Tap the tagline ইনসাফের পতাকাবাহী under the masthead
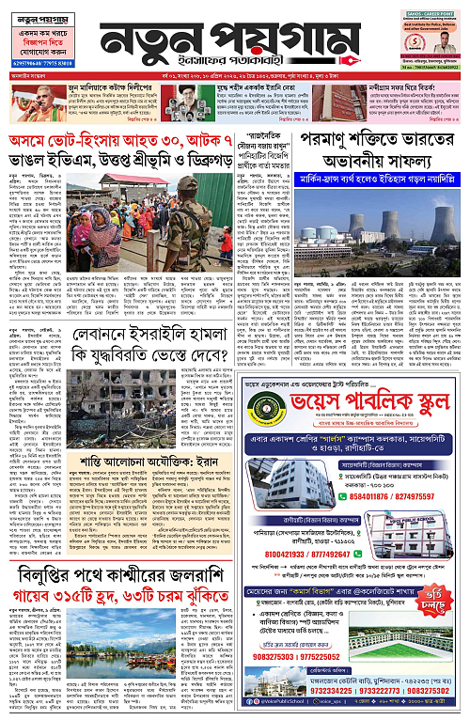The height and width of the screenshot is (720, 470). (x=236, y=66)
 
